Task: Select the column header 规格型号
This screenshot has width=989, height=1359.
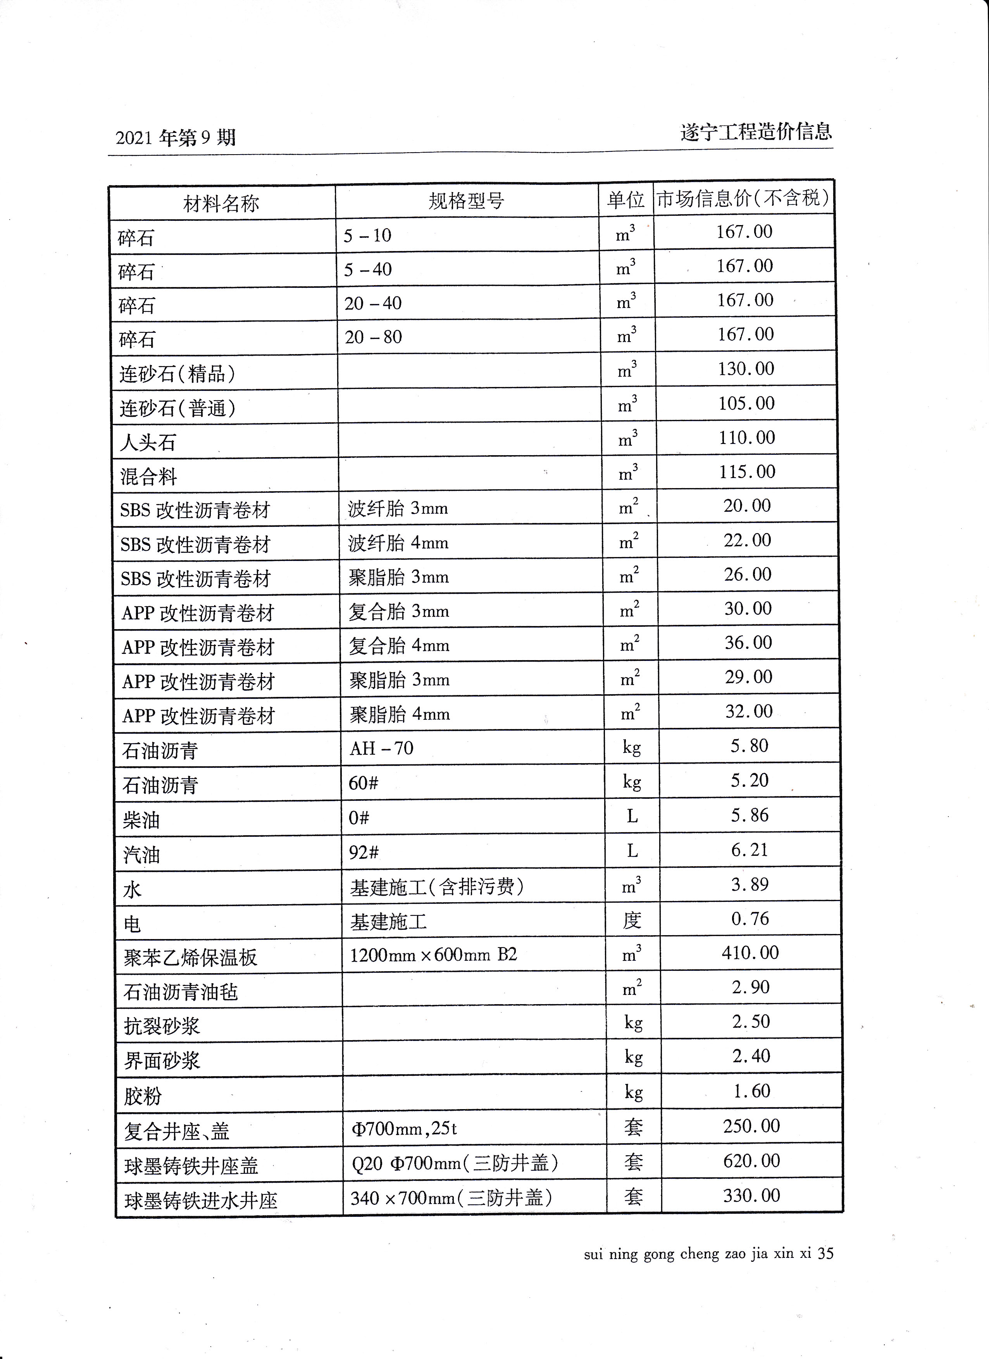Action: pos(466,201)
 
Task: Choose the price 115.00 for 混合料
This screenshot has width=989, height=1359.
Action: pos(747,471)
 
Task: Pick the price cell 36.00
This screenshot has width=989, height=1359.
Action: pos(748,642)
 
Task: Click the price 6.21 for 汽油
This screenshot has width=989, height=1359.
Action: pos(749,850)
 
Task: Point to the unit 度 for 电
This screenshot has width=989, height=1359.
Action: pos(632,920)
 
